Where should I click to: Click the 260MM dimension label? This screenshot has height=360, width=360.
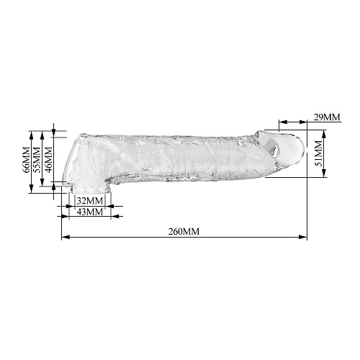[x=184, y=232]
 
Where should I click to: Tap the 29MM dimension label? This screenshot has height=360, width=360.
[x=327, y=117]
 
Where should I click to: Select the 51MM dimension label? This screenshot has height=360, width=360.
[x=318, y=153]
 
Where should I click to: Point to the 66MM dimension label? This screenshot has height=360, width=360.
[x=26, y=159]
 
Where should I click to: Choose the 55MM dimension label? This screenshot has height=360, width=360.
[x=37, y=159]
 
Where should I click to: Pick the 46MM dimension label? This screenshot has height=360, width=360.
[x=48, y=159]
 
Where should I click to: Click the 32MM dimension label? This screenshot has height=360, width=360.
[x=90, y=200]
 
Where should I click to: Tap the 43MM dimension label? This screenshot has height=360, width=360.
[x=90, y=212]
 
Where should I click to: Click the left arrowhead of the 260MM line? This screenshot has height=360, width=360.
[x=66, y=237]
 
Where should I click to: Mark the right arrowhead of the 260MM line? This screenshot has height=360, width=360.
[x=303, y=237]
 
